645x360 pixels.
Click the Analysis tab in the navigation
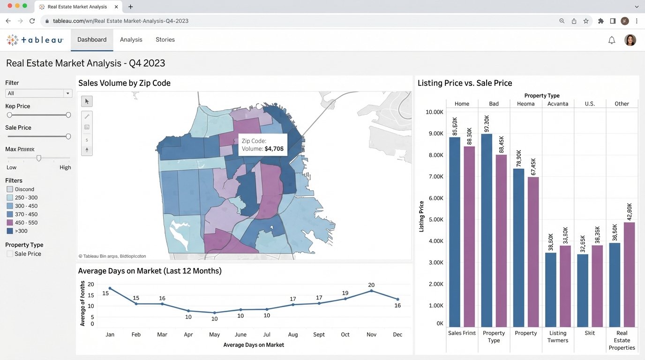click(131, 40)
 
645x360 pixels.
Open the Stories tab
click(165, 40)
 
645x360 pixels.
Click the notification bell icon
click(611, 40)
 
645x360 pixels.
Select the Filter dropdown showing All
click(38, 93)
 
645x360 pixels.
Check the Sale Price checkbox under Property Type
click(10, 254)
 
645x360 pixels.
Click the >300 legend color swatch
click(10, 231)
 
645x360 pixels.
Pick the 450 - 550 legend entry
click(26, 223)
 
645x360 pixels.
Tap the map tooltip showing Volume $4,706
click(262, 145)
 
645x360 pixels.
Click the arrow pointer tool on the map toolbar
click(87, 101)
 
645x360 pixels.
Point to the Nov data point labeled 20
click(371, 291)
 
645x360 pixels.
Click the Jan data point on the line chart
click(110, 288)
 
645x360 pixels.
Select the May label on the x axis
click(214, 334)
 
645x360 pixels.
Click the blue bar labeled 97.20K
click(487, 230)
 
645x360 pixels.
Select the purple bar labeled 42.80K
click(629, 274)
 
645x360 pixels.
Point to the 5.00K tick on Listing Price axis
click(434, 219)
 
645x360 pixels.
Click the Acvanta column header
click(557, 104)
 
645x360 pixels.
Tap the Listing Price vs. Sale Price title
click(465, 83)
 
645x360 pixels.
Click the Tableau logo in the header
click(35, 40)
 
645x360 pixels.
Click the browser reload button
click(32, 21)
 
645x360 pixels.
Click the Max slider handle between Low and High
click(39, 158)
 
